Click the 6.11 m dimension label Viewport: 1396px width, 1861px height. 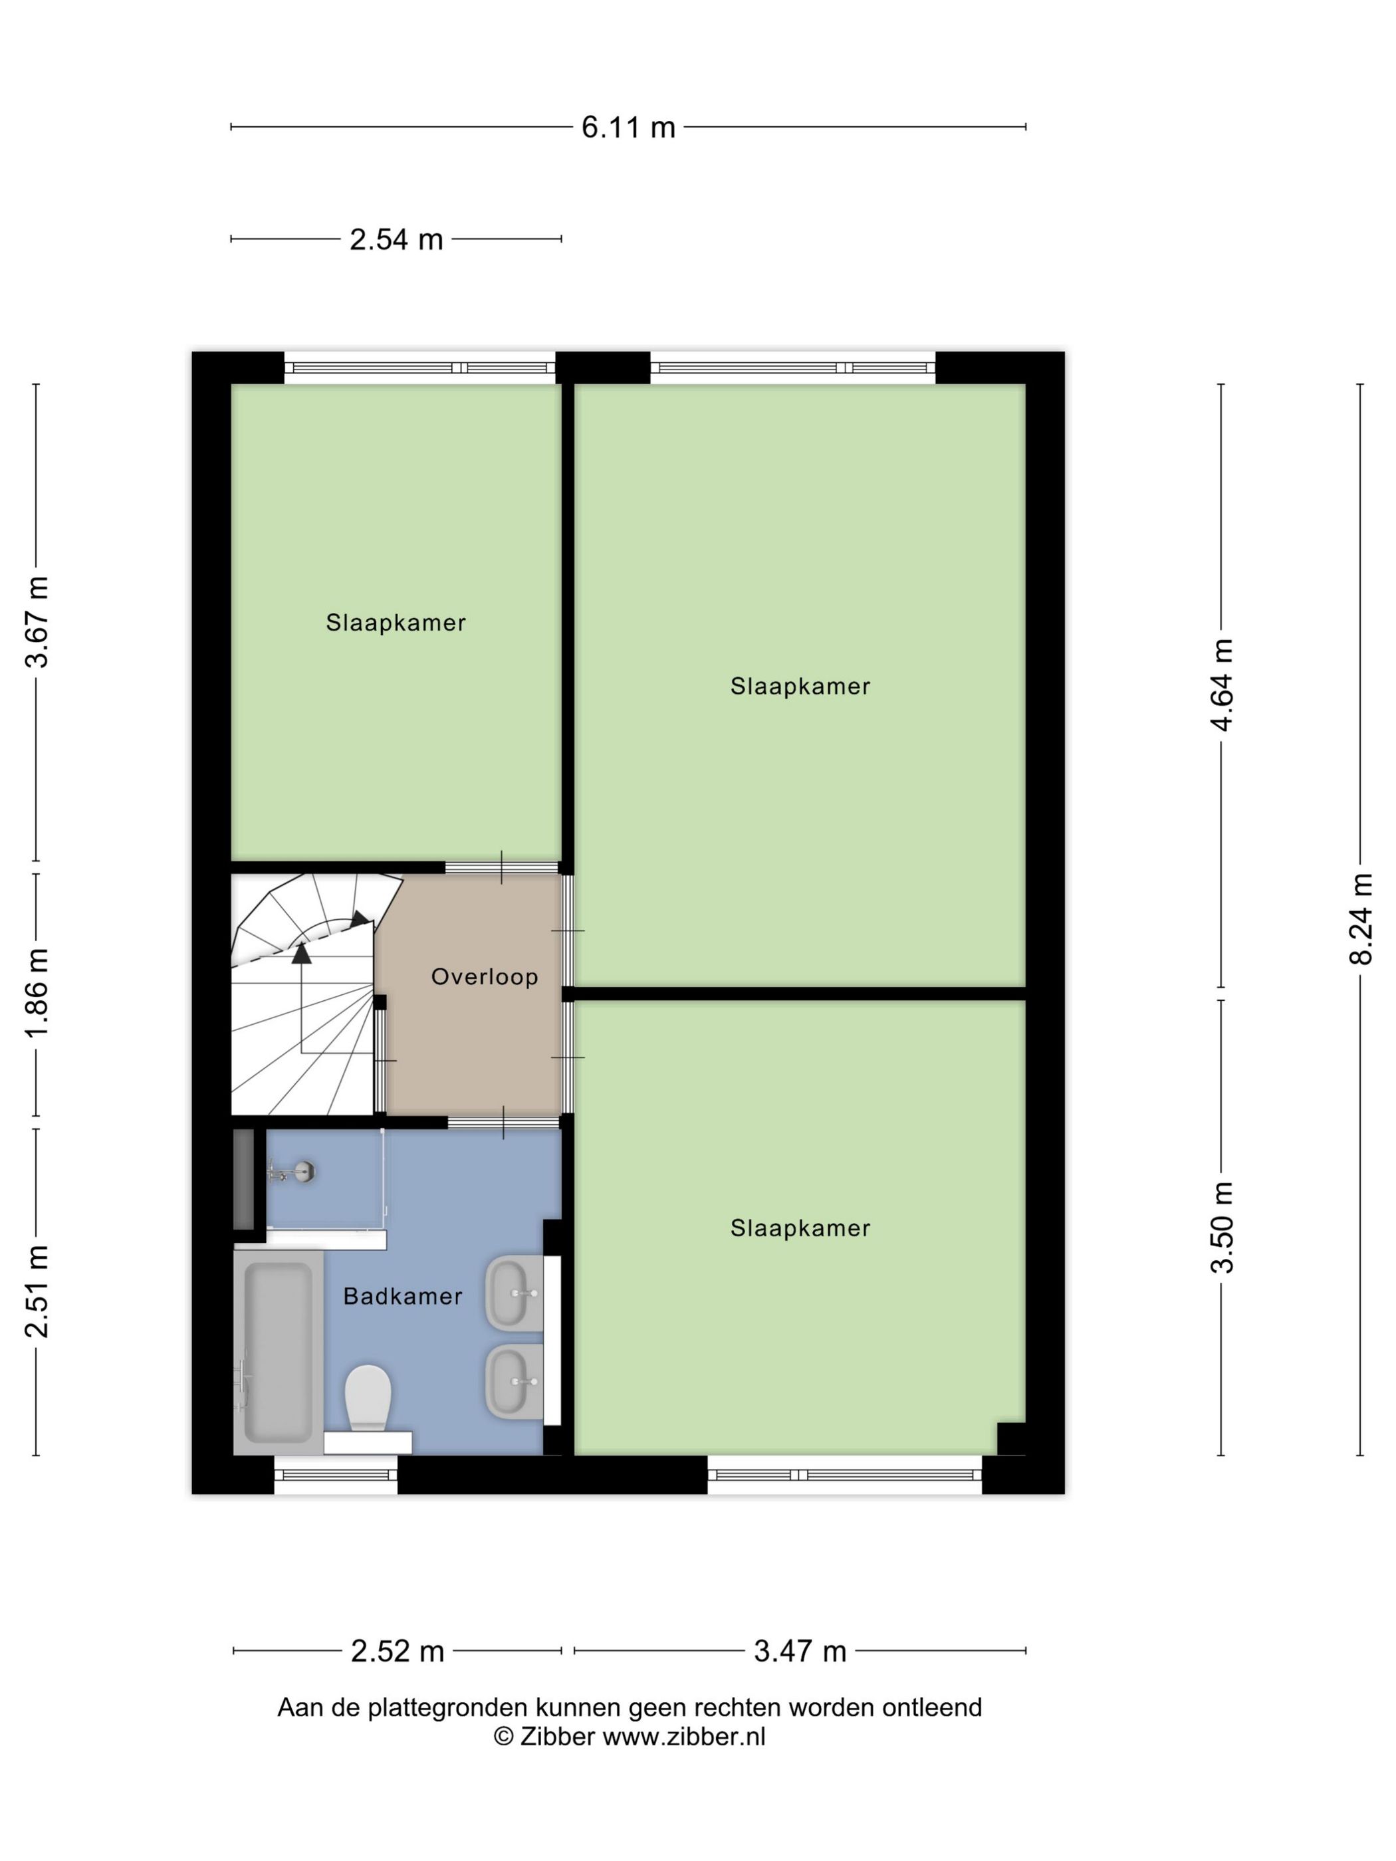[x=628, y=127]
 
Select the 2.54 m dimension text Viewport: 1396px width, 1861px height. [x=396, y=240]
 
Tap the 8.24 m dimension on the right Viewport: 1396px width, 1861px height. [x=1361, y=919]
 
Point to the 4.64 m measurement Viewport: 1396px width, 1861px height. [x=1222, y=685]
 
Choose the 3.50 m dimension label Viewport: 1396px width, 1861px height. [x=1222, y=1227]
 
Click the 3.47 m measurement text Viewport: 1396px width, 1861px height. [x=800, y=1652]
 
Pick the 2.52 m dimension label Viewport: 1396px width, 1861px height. [x=397, y=1652]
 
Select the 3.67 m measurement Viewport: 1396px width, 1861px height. [x=37, y=623]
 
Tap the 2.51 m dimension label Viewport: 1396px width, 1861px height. [x=37, y=1291]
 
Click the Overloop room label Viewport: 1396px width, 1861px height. [x=485, y=977]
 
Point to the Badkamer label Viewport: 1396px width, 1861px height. [x=403, y=1297]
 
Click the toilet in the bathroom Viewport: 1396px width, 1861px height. [x=368, y=1398]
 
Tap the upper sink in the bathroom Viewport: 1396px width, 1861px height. [x=514, y=1294]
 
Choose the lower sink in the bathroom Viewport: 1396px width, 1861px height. [x=514, y=1382]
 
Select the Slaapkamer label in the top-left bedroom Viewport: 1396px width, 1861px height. [x=396, y=623]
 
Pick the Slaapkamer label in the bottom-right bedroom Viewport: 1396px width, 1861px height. [x=800, y=1228]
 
